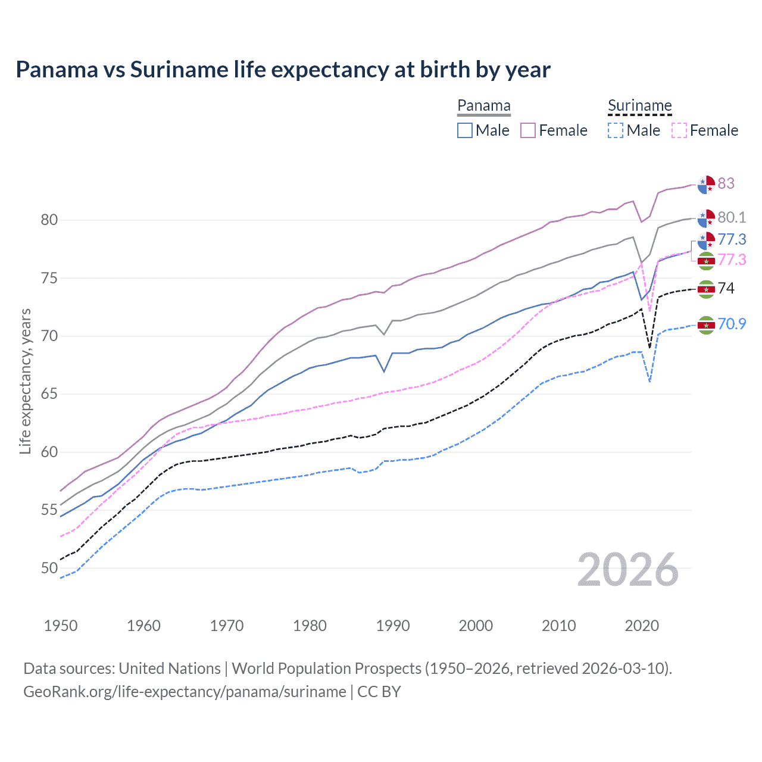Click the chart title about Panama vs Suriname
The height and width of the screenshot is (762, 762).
click(x=283, y=70)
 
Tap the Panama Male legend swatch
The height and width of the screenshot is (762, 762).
click(x=465, y=130)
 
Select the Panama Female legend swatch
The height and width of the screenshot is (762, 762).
click(x=528, y=130)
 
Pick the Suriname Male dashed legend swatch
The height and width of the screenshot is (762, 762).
click(x=616, y=130)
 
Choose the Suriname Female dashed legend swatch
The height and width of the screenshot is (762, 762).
click(x=679, y=130)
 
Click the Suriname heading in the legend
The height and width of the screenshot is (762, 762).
click(x=639, y=106)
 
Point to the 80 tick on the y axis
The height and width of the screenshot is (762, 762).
click(x=49, y=220)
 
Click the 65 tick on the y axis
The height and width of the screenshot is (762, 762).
click(x=49, y=394)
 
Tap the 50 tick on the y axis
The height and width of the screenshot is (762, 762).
click(x=49, y=568)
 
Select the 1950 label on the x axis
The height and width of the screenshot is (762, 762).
click(x=61, y=626)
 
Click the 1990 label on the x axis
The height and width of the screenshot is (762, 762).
click(x=393, y=626)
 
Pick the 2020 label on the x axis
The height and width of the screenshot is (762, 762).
click(x=642, y=626)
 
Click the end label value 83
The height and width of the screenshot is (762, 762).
click(x=726, y=183)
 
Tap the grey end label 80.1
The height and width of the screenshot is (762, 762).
click(x=732, y=218)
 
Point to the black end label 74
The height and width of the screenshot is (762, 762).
click(x=726, y=289)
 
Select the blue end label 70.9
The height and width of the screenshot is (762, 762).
click(x=732, y=324)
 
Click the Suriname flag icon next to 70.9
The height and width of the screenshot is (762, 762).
click(x=706, y=325)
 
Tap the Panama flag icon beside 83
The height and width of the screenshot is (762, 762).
click(x=706, y=185)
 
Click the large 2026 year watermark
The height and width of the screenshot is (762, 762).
click(x=628, y=570)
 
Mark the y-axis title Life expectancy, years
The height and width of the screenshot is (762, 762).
click(x=26, y=381)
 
